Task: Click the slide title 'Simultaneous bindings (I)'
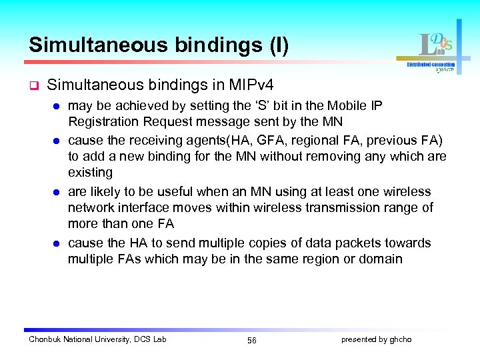pyautogui.click(x=159, y=45)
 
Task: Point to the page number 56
pyautogui.click(x=251, y=340)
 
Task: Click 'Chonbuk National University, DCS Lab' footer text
pyautogui.click(x=97, y=339)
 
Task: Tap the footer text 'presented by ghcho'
pyautogui.click(x=376, y=339)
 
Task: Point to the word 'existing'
pyautogui.click(x=90, y=173)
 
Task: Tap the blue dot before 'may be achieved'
pyautogui.click(x=57, y=107)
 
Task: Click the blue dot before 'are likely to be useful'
pyautogui.click(x=57, y=192)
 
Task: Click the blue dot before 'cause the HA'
pyautogui.click(x=57, y=243)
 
